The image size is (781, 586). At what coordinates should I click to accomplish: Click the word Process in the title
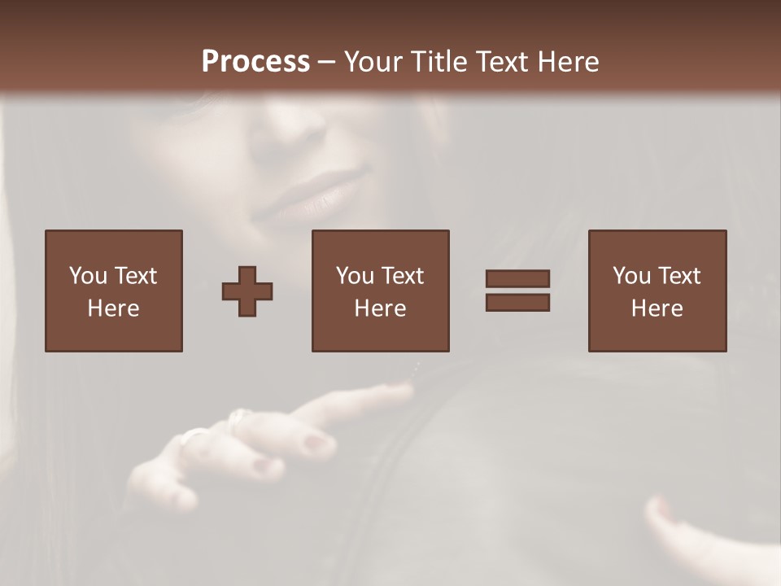coord(255,62)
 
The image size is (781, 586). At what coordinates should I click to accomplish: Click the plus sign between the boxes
coord(247,291)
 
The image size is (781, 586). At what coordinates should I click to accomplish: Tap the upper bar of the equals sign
coord(517,278)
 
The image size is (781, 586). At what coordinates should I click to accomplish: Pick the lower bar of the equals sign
coord(517,303)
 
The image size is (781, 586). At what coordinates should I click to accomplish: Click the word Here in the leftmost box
coord(113,308)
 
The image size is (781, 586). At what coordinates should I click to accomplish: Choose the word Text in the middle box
coord(402,276)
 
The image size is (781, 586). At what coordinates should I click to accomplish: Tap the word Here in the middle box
coord(380,308)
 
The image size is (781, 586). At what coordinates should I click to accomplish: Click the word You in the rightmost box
coord(631,276)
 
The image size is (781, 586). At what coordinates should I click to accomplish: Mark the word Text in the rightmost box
coord(678,276)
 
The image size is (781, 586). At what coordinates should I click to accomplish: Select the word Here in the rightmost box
coord(657,308)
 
